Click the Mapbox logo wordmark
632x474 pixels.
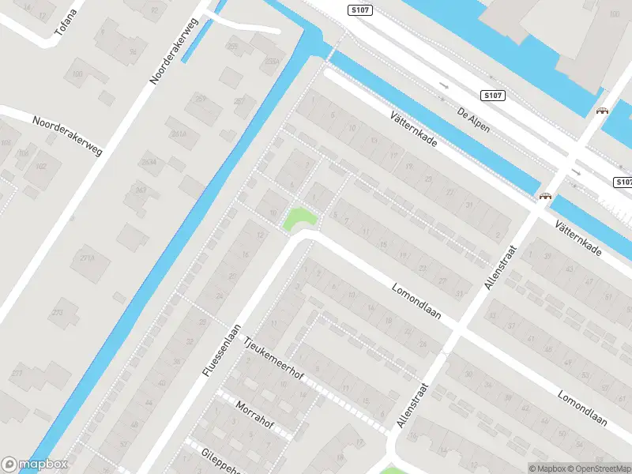tap(35, 465)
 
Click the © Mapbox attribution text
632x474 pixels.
tap(545, 468)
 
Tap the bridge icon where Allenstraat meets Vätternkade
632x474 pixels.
tap(544, 196)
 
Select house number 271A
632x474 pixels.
tap(87, 258)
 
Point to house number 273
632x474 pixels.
tap(57, 313)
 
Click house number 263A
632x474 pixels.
tap(149, 162)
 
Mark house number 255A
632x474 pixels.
tap(273, 61)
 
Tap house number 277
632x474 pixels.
tap(17, 374)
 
